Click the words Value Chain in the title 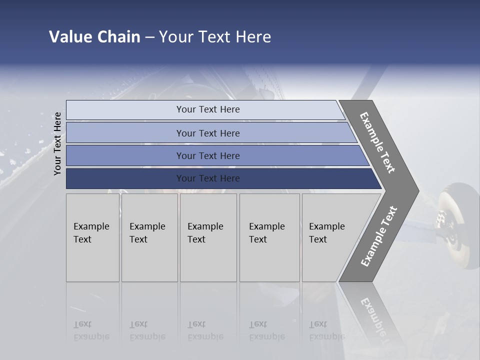[94, 37]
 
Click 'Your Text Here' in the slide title [215, 37]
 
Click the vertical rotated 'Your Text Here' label [57, 144]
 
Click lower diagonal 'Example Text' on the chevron [379, 236]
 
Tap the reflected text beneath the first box [91, 330]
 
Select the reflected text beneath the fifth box [326, 330]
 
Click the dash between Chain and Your [149, 37]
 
